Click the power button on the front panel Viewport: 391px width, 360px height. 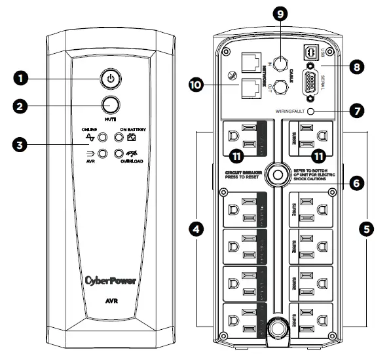tap(111, 79)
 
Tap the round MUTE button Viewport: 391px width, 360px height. tap(111, 105)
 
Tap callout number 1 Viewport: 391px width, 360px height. tap(24, 79)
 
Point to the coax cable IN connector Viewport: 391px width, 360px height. tap(282, 64)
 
